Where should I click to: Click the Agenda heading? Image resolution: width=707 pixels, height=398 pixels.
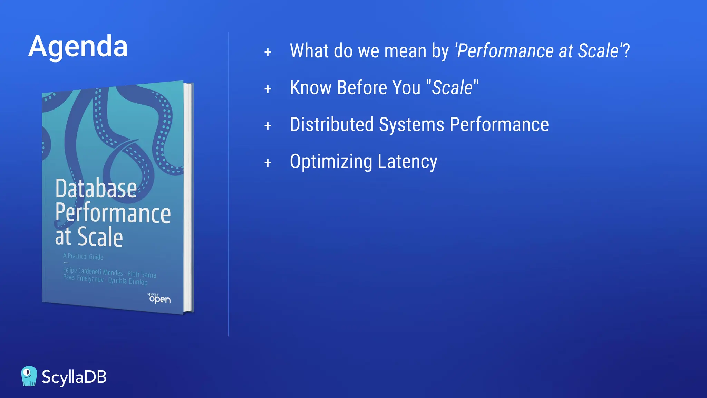point(78,46)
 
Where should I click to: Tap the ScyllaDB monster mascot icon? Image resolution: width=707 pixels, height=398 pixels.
point(29,376)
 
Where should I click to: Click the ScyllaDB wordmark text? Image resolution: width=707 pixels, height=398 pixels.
point(74,377)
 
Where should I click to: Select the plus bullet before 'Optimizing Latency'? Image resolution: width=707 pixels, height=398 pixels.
point(268,163)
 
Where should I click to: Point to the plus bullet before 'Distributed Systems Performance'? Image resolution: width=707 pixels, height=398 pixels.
point(268,126)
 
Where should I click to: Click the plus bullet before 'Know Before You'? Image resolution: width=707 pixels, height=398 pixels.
point(268,89)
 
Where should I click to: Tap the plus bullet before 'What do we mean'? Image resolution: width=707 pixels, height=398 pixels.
point(268,52)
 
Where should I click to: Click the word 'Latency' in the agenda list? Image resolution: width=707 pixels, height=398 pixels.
point(407,162)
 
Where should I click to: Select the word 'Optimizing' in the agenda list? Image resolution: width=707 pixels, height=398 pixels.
point(331,162)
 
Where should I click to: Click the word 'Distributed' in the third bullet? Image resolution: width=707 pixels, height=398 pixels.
point(332,124)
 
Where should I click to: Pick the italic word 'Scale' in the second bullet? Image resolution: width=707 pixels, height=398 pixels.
point(452,88)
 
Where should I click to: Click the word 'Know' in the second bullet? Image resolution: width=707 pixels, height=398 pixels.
point(311,88)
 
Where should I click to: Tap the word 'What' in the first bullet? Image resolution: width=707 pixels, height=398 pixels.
point(309,51)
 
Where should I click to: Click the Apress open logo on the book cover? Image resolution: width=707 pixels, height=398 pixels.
point(159,298)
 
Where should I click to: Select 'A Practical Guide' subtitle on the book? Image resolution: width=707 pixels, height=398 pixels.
point(83,256)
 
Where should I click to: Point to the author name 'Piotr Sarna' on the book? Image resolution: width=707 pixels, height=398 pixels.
point(142,274)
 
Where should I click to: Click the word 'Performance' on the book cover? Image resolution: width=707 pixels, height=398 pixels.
point(113,213)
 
